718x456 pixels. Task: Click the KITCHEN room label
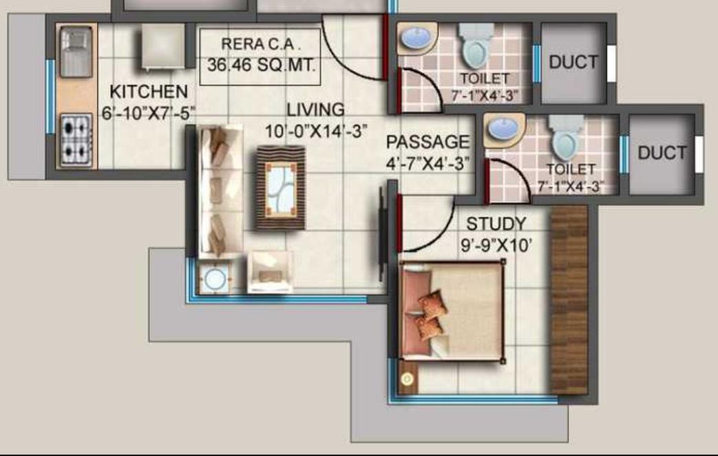(x=149, y=92)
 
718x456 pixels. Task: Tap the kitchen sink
(x=76, y=52)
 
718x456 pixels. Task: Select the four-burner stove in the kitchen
(x=76, y=141)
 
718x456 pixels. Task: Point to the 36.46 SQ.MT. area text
(x=261, y=65)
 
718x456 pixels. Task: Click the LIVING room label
(x=315, y=110)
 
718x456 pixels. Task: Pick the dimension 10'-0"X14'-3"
(x=316, y=131)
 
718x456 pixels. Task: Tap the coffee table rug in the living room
(x=280, y=187)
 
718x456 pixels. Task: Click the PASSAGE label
(x=427, y=142)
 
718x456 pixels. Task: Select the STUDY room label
(x=496, y=224)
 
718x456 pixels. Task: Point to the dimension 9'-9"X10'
(x=496, y=246)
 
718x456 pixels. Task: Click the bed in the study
(x=452, y=311)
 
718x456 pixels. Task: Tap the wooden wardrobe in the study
(x=569, y=300)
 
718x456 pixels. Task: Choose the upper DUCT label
(x=573, y=62)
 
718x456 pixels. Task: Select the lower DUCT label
(x=662, y=153)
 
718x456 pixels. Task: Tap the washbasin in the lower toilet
(x=503, y=129)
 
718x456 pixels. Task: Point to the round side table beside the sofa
(x=214, y=278)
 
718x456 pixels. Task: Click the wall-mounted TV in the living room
(x=381, y=234)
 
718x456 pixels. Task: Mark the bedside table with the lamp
(x=408, y=377)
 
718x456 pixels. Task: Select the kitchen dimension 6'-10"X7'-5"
(x=149, y=113)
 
